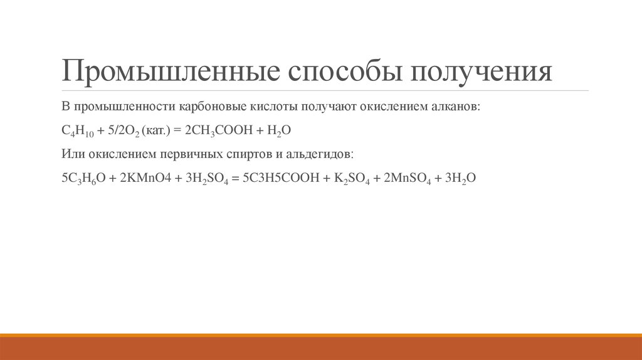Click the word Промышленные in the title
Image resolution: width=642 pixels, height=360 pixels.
(x=169, y=71)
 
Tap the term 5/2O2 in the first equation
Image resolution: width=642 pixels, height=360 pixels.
(x=124, y=130)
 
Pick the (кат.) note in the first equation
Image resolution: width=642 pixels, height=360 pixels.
(x=156, y=130)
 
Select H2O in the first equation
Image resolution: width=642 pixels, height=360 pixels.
(x=280, y=130)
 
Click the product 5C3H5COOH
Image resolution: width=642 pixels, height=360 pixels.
(x=278, y=178)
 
